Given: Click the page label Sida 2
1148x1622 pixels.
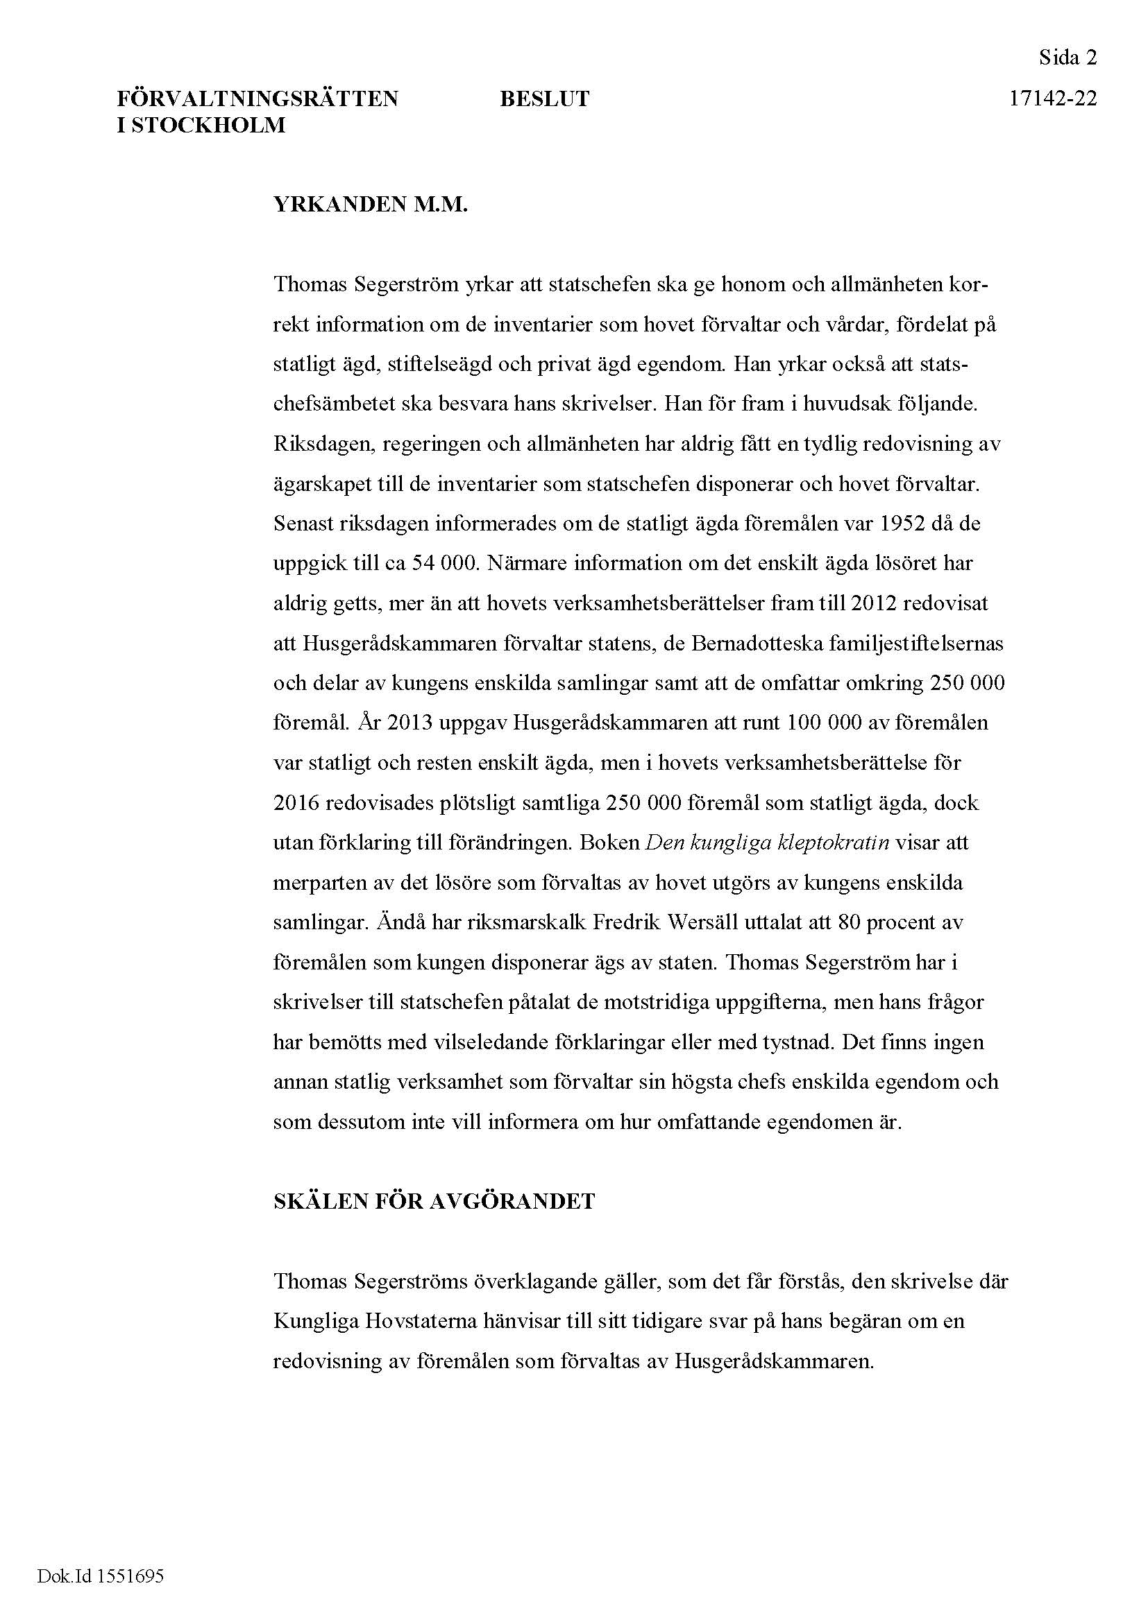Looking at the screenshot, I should pyautogui.click(x=1067, y=58).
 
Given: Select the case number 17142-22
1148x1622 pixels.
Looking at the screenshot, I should pyautogui.click(x=1053, y=99).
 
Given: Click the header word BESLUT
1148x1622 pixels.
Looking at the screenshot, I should pyautogui.click(x=544, y=99).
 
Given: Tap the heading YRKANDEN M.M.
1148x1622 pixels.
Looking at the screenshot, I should pyautogui.click(x=371, y=205).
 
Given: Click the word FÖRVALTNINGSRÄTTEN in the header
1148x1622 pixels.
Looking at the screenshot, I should pyautogui.click(x=258, y=99).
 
